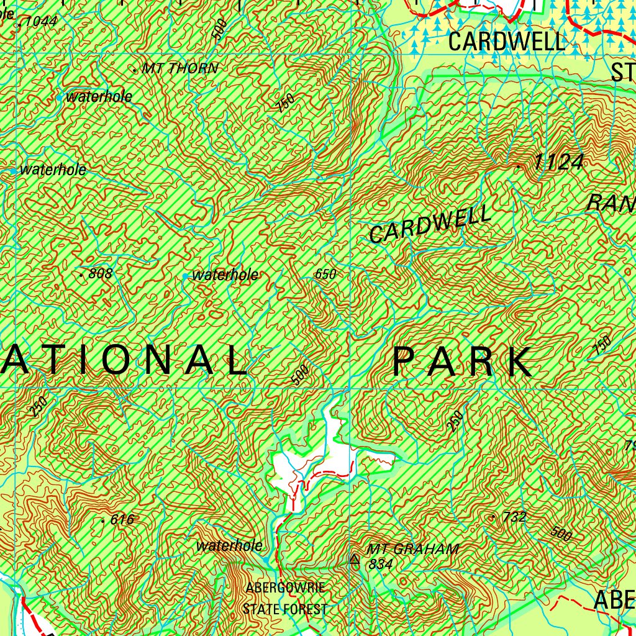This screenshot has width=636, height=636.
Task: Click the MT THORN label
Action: click(x=180, y=69)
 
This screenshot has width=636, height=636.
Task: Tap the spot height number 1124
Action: click(x=558, y=163)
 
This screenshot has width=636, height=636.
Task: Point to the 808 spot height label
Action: click(x=101, y=273)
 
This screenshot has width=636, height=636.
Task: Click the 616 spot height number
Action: click(x=122, y=520)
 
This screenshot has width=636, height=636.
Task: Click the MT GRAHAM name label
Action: click(x=413, y=549)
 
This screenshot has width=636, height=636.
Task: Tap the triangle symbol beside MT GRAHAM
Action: click(x=355, y=559)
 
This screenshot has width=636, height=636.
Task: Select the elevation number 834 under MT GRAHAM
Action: click(x=380, y=564)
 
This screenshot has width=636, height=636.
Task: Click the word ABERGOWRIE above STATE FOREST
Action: click(x=285, y=588)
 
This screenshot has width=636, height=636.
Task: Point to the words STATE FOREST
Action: click(x=285, y=609)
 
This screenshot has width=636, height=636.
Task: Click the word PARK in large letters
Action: click(x=463, y=361)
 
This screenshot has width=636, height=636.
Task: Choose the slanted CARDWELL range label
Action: click(x=430, y=225)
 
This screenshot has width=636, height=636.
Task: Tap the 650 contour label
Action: click(x=325, y=274)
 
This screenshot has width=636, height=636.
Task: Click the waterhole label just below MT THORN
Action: click(x=99, y=97)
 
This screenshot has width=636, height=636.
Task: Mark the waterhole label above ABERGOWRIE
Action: click(x=229, y=546)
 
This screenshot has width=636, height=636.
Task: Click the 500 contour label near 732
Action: click(x=561, y=532)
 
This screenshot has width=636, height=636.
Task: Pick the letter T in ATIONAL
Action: click(x=61, y=360)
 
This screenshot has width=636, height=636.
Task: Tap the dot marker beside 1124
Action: click(x=519, y=166)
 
